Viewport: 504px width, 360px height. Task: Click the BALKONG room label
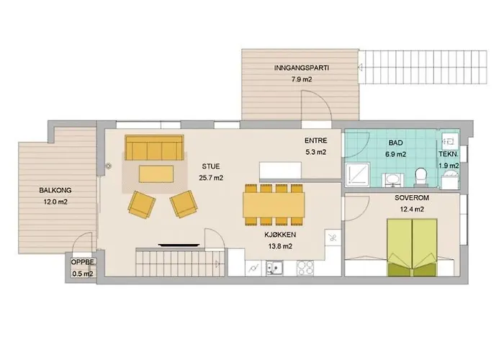[55, 190]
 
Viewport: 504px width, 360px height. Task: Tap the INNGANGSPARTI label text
[302, 68]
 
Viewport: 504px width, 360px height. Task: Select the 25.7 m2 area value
[211, 178]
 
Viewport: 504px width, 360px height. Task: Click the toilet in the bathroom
[420, 177]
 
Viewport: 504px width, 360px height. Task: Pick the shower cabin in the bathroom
[357, 174]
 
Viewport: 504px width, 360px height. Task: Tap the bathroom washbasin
[393, 180]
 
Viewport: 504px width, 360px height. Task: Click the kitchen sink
[274, 268]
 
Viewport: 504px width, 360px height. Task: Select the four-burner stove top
[305, 268]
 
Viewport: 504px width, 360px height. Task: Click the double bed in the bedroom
[412, 247]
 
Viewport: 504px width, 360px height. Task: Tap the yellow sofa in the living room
[154, 148]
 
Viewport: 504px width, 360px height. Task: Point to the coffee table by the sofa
[156, 174]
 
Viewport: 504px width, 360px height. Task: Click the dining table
[274, 204]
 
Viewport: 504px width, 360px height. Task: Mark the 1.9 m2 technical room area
[449, 166]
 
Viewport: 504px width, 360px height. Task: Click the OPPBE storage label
[83, 262]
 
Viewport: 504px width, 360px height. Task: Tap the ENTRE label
[316, 140]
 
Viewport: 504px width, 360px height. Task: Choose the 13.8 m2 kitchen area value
[280, 246]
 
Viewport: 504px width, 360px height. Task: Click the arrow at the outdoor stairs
[360, 68]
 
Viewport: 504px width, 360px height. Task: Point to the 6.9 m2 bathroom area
[395, 154]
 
